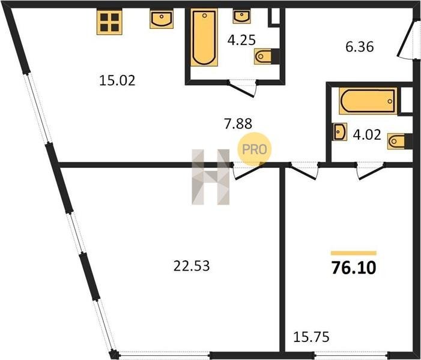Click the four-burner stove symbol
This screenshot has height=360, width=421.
coord(109,22)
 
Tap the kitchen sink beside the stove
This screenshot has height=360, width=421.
coord(162,19)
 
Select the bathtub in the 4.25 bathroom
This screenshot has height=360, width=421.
coord(204,38)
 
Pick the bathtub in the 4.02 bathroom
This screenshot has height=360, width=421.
coord(368,101)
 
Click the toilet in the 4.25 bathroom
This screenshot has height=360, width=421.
coord(267,56)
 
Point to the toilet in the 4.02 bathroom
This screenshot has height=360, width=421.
coord(400,141)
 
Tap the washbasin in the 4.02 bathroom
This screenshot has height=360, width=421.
coord(340,132)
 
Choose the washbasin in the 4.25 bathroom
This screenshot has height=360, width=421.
coord(242,16)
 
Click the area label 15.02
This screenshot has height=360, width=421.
coord(117,80)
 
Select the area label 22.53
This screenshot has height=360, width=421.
coord(192,266)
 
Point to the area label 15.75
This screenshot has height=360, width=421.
coord(311,337)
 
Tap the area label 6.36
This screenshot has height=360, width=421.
coord(360,47)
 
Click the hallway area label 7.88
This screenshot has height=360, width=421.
coord(238,124)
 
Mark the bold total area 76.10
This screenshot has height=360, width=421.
coord(354,268)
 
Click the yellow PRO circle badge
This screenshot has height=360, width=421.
coord(254,149)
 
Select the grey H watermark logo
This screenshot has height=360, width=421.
coord(210,177)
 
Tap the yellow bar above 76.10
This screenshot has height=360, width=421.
coord(354,253)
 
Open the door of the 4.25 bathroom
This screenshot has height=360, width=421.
coord(242,89)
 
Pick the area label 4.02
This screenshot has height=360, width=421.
coord(367,134)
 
